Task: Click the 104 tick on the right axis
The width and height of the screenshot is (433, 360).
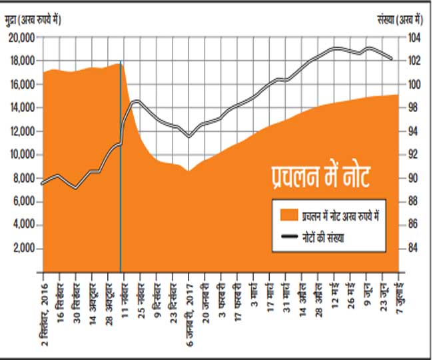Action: pos(413,38)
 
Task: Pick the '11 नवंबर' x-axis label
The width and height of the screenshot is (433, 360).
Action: pos(125,294)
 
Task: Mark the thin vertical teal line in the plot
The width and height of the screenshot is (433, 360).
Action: pos(121,167)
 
